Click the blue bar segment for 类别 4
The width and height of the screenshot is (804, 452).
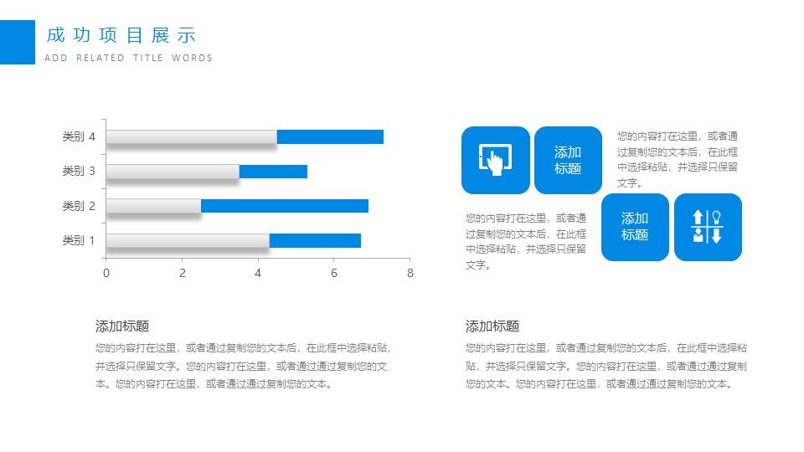pyautogui.click(x=330, y=136)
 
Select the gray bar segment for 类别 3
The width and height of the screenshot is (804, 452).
pyautogui.click(x=173, y=171)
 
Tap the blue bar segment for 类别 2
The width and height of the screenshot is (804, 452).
pyautogui.click(x=285, y=206)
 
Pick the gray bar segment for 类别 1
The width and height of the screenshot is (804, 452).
pyautogui.click(x=188, y=240)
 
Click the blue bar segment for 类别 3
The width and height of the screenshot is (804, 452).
pyautogui.click(x=273, y=171)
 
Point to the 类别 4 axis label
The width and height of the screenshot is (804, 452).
pyautogui.click(x=79, y=136)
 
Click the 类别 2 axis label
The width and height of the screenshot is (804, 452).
pyautogui.click(x=79, y=206)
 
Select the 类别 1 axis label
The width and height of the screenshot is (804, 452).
pyautogui.click(x=79, y=240)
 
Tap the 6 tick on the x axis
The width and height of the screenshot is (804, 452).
pyautogui.click(x=334, y=273)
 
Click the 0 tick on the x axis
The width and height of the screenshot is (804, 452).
pyautogui.click(x=106, y=273)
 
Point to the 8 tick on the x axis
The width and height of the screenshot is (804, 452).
pyautogui.click(x=410, y=273)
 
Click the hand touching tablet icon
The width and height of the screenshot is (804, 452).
pyautogui.click(x=495, y=161)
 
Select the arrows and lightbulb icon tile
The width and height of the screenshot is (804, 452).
pyautogui.click(x=708, y=227)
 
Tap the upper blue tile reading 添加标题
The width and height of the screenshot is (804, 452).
pyautogui.click(x=568, y=161)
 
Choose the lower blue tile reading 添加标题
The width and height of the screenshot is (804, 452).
pyautogui.click(x=635, y=227)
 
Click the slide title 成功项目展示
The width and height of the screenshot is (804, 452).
pyautogui.click(x=121, y=35)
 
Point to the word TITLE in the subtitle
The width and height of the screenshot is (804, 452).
pyautogui.click(x=148, y=58)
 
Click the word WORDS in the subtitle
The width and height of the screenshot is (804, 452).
pyautogui.click(x=193, y=58)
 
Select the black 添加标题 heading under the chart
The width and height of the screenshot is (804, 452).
pyautogui.click(x=122, y=326)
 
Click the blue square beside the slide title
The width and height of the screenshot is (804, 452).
pyautogui.click(x=18, y=42)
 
